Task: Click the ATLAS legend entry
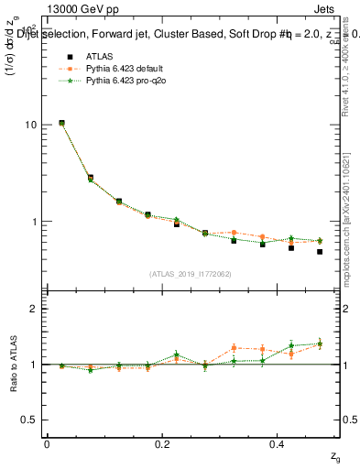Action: point(85,56)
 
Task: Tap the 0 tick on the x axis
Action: point(47,443)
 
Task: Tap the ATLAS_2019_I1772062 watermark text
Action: point(191,274)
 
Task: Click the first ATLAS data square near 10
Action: point(61,123)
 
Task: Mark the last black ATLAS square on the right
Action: point(320,251)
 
